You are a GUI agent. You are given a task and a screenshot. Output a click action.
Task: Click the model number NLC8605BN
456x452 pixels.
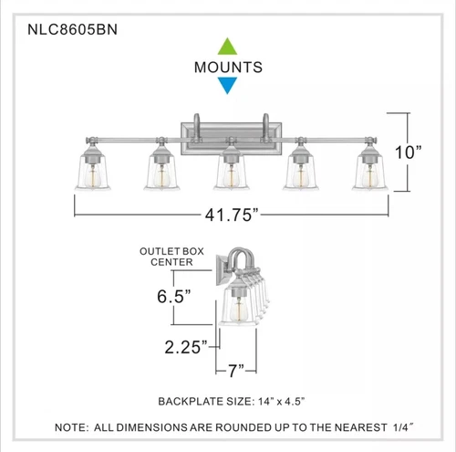(62, 28)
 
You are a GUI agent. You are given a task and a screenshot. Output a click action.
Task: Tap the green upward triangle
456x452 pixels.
(227, 46)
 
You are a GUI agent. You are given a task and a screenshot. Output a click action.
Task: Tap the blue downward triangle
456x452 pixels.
(227, 86)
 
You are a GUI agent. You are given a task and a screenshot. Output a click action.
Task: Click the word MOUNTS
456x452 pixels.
(228, 67)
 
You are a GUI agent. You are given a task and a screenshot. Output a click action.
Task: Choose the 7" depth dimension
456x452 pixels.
(236, 371)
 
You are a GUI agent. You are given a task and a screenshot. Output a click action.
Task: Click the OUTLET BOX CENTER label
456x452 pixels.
(166, 256)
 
